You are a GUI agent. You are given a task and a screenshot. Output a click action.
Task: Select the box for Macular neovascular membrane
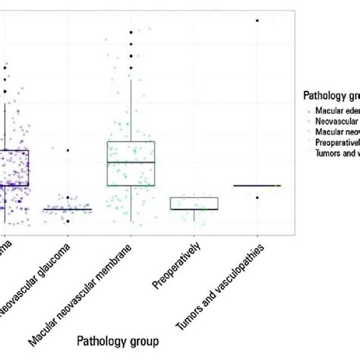coord(131,163)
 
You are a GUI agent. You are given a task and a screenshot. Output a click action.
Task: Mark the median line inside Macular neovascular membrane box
coord(131,162)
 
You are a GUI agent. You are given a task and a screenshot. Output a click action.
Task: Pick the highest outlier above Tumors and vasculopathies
coord(257,21)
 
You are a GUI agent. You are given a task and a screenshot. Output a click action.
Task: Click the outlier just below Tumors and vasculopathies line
coord(257,197)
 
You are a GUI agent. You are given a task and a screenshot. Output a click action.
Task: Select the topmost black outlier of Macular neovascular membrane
coord(131,32)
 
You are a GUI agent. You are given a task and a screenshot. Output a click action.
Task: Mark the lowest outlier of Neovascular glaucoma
coord(68,221)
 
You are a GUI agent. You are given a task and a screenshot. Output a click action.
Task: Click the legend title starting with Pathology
coord(326,96)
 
